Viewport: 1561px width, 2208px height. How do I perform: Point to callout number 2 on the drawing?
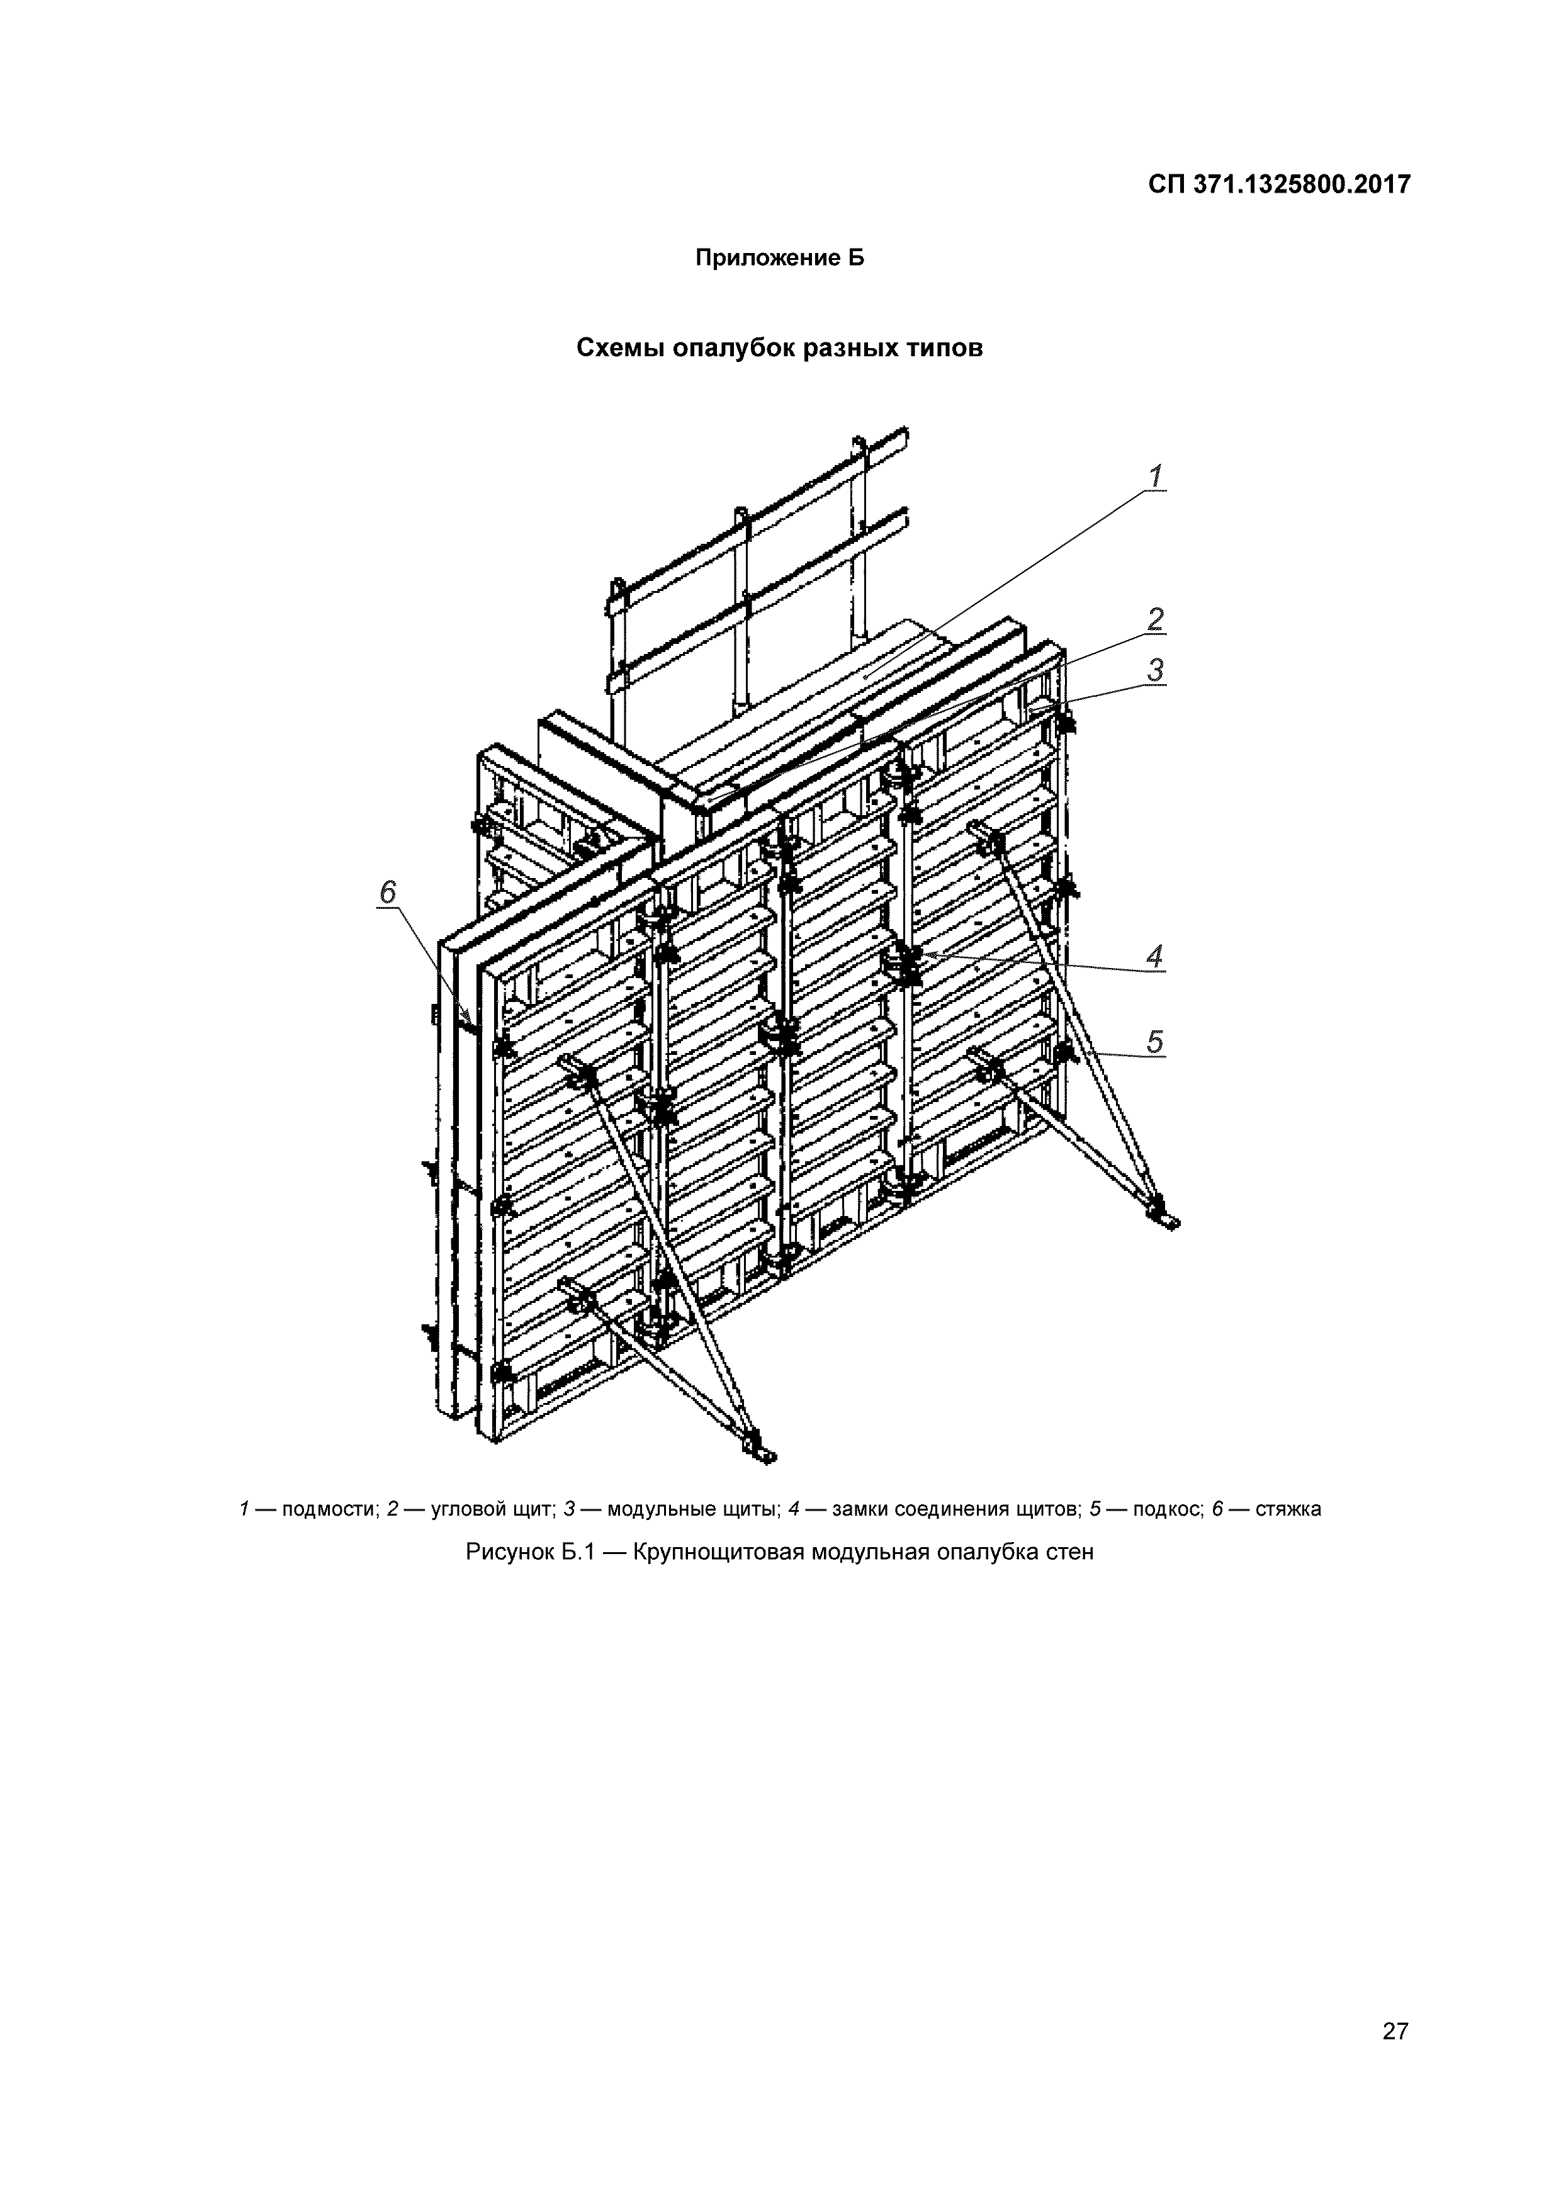[x=1155, y=619]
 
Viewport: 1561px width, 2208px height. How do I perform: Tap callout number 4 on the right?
[x=1155, y=956]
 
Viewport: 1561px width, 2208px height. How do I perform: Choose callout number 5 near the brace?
[x=1155, y=1042]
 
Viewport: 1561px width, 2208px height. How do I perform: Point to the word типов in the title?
[x=942, y=347]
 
